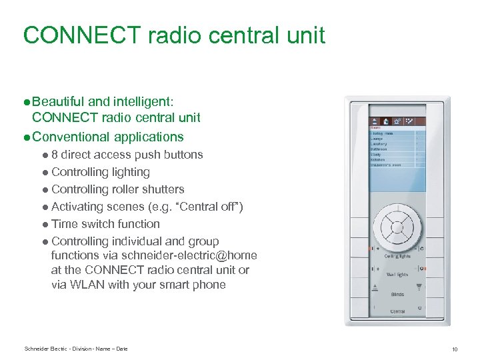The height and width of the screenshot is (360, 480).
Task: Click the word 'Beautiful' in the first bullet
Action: [x=59, y=102]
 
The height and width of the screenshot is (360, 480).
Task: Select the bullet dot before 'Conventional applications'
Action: [x=27, y=137]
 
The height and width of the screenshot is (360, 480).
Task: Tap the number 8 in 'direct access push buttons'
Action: [x=55, y=155]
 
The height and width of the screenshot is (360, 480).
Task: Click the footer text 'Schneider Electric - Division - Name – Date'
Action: [x=75, y=349]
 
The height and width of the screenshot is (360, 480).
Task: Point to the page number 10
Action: [x=454, y=349]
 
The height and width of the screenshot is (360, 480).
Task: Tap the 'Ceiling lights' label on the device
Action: [x=397, y=255]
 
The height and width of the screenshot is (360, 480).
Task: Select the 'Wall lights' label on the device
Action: [x=397, y=274]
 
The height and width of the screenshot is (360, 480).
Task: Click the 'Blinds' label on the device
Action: [x=397, y=294]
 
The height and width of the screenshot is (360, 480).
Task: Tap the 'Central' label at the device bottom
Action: [x=397, y=311]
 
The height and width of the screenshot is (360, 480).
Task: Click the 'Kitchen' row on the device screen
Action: [x=378, y=159]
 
